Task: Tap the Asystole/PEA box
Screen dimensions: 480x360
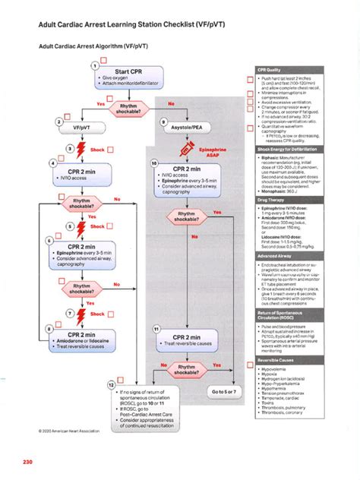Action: [x=187, y=128]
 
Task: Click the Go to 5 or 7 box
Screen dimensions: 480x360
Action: [x=224, y=391]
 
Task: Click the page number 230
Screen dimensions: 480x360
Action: [x=28, y=463]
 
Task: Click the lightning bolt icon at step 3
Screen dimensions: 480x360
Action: [x=81, y=149]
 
